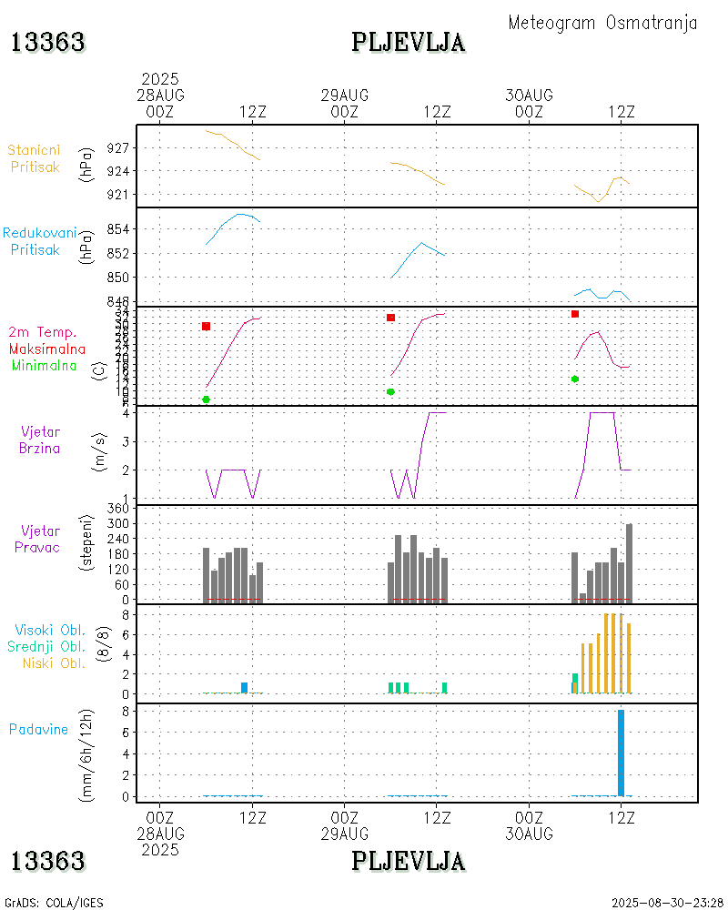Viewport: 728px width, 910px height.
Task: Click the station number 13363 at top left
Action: pos(48,42)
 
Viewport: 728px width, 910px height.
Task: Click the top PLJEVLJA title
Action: pos(409,42)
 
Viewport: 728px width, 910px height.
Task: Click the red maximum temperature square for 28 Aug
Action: pos(207,326)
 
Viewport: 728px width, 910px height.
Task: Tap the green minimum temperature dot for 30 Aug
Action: pos(575,379)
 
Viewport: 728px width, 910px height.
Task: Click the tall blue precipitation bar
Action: pos(621,753)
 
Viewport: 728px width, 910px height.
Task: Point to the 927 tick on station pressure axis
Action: pos(121,147)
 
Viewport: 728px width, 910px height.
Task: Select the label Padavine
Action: pos(38,729)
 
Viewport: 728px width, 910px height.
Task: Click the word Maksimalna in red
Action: pos(47,349)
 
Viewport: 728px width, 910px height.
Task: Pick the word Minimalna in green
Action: pos(45,365)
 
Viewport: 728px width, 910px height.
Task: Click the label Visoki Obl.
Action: pos(49,630)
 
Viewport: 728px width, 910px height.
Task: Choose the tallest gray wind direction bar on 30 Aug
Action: pos(629,562)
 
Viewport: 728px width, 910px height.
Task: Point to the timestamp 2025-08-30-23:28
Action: pos(667,903)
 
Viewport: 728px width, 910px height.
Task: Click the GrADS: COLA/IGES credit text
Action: pos(54,903)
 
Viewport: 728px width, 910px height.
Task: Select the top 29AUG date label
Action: pos(345,95)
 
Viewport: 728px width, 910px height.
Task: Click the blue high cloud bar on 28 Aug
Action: pos(244,688)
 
